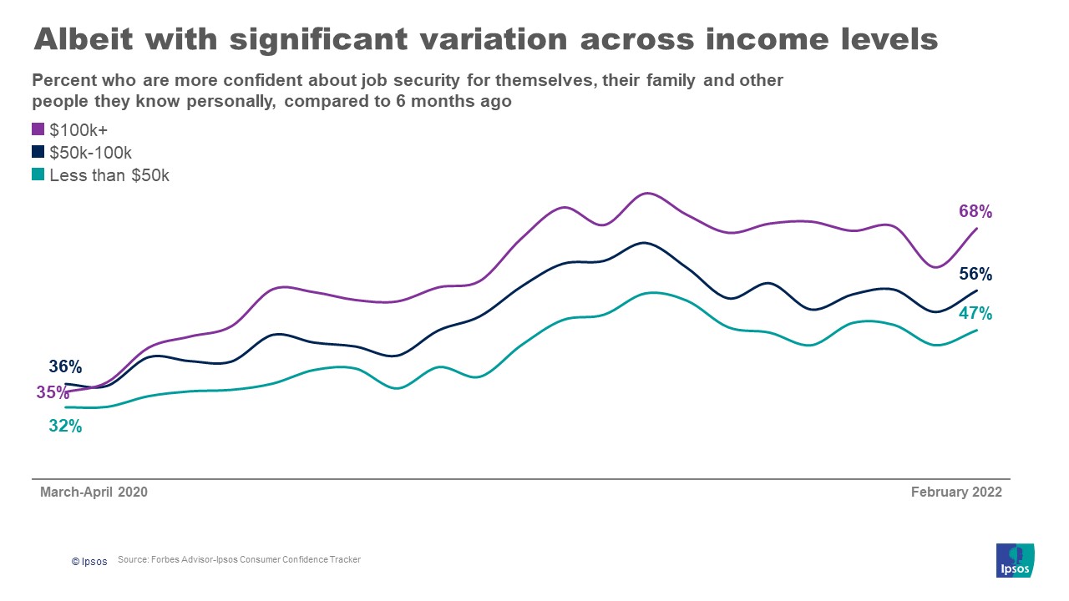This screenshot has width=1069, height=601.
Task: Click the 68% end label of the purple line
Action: (x=975, y=212)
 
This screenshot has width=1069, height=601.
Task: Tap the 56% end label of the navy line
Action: (x=975, y=274)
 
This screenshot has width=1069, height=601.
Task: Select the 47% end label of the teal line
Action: (x=975, y=314)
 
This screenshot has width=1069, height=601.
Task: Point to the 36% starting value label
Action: (x=65, y=366)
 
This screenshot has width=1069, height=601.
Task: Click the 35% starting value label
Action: (x=53, y=392)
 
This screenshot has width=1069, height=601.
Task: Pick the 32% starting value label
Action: (x=65, y=426)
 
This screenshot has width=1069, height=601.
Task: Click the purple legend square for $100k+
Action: (x=38, y=129)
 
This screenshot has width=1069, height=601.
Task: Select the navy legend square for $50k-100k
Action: (x=38, y=153)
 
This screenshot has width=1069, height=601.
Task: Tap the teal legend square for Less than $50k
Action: (x=38, y=175)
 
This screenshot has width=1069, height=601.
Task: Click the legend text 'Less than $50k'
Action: (x=109, y=175)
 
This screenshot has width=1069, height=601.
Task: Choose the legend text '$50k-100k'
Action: (x=91, y=153)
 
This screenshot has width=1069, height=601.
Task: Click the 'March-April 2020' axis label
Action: (x=94, y=492)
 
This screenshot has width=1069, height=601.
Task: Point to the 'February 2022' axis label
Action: (x=956, y=492)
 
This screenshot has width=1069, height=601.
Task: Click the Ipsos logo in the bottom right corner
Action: (x=1015, y=559)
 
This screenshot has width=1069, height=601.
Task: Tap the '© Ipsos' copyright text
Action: (x=89, y=562)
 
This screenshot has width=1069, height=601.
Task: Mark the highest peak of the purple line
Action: (x=646, y=194)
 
